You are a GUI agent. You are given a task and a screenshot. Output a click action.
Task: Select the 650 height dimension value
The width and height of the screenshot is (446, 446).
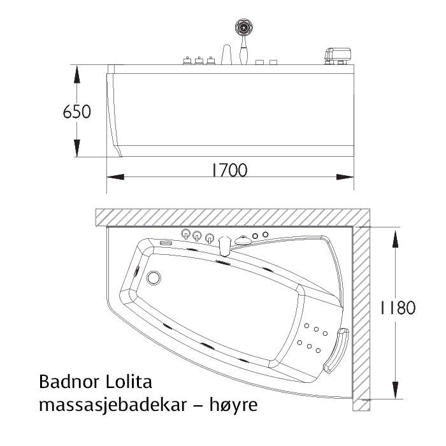point(77,111)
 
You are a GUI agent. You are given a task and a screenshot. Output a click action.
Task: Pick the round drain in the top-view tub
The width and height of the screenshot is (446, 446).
point(154,278)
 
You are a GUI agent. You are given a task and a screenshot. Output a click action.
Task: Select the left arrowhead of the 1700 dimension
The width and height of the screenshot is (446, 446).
point(113,177)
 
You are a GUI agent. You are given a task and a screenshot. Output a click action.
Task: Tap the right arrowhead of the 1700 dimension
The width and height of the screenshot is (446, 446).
point(347,177)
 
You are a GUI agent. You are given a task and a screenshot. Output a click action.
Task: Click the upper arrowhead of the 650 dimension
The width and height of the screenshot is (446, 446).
point(77,71)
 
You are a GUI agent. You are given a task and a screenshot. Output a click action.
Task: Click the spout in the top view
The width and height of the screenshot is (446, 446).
point(224,245)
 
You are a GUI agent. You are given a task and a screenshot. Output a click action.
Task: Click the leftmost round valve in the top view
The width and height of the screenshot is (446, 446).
point(185,234)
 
